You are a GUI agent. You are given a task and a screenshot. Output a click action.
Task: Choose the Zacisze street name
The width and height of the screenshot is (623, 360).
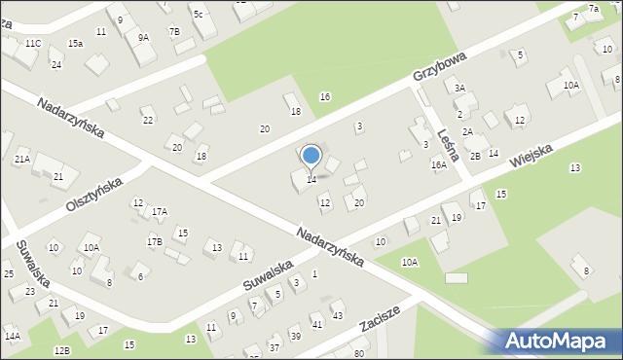pos(384,318)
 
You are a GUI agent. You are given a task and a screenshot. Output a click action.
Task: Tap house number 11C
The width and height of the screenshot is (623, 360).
pos(33,44)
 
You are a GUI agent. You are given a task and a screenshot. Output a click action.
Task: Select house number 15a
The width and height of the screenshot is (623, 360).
pos(75,44)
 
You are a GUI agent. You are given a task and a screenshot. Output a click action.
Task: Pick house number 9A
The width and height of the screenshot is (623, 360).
pos(143,38)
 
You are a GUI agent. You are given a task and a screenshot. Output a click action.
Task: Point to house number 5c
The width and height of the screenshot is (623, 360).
pos(198,14)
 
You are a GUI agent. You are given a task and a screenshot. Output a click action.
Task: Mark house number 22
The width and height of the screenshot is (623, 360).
pos(148,120)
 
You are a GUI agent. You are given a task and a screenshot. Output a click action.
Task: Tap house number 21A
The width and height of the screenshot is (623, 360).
pos(22,159)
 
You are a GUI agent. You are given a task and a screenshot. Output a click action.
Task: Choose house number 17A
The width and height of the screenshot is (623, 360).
pos(160,211)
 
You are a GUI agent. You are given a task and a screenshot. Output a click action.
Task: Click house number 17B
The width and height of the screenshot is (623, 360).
pos(154,240)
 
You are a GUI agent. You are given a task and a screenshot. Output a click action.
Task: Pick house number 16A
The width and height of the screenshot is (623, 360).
pos(439,165)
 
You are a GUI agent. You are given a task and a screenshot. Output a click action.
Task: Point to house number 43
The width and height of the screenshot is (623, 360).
pos(337,315)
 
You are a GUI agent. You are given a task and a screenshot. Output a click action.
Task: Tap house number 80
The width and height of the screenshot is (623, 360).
pos(358,351)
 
